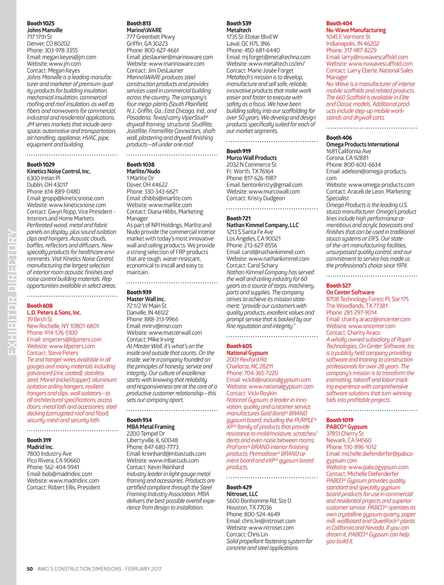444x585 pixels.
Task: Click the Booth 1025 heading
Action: [41, 23]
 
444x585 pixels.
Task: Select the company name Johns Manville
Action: [45, 30]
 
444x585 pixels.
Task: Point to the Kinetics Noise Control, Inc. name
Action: [59, 171]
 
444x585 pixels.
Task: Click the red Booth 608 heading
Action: [39, 306]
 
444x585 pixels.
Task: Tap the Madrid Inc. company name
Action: [40, 447]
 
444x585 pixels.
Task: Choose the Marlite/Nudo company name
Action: [143, 171]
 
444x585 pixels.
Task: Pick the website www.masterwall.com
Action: [164, 333]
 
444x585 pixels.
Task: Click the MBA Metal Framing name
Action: [150, 427]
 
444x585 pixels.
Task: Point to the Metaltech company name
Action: [238, 30]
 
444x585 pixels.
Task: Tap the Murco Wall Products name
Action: [251, 158]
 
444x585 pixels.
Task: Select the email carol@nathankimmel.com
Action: [265, 252]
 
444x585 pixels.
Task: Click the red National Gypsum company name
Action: [247, 353]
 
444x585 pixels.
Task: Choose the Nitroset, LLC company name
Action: [242, 494]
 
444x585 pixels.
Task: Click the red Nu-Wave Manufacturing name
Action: [356, 30]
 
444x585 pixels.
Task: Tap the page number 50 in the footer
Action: [29, 569]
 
